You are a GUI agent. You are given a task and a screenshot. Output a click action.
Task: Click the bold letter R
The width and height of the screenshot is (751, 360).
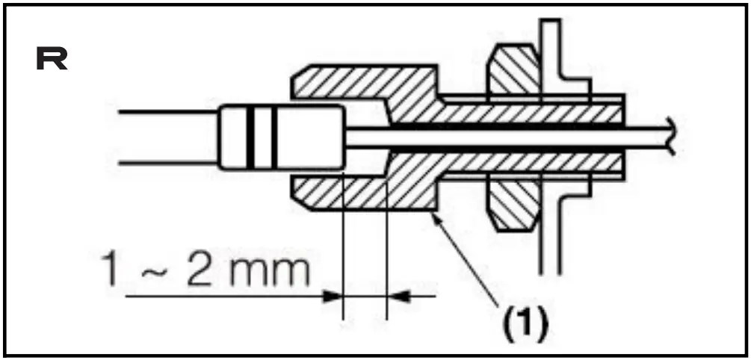click(52, 60)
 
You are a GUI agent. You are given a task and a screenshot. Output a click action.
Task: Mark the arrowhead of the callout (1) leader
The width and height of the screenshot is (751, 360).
click(436, 216)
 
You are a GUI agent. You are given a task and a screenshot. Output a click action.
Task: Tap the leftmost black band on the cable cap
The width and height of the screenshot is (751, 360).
click(250, 137)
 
